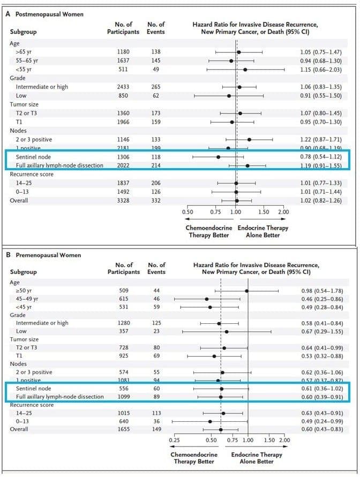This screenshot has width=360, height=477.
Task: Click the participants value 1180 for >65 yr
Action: [x=123, y=52]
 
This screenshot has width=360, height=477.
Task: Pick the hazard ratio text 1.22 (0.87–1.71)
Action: [x=321, y=139]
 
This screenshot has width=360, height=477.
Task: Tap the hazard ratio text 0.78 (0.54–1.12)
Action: [x=321, y=157]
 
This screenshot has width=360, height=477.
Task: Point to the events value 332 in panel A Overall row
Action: [x=155, y=201]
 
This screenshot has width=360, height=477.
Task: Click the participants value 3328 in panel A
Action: [x=123, y=201]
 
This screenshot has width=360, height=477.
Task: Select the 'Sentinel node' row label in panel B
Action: [x=33, y=388]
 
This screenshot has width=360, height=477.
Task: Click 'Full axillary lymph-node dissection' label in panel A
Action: [x=59, y=165]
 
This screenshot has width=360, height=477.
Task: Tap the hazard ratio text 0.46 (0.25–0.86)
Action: [x=321, y=299]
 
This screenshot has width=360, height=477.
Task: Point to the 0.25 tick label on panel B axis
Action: [x=175, y=440]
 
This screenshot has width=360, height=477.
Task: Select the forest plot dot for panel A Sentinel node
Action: [x=218, y=157]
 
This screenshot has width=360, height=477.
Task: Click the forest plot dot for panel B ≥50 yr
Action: [x=247, y=291]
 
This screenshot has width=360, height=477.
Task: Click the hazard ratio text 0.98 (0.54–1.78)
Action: [x=321, y=291]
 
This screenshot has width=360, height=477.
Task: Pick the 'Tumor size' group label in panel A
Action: [x=22, y=104]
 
